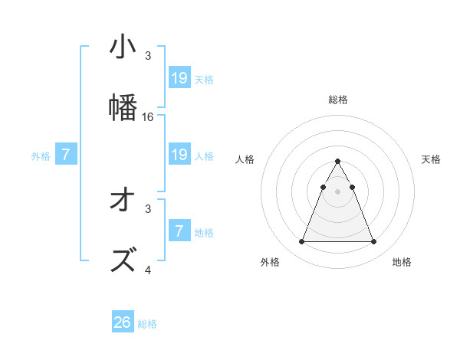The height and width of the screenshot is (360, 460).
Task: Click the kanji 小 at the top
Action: [x=123, y=47]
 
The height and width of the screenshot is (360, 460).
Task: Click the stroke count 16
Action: [x=149, y=117]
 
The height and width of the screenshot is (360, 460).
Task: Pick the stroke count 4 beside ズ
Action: [x=148, y=270]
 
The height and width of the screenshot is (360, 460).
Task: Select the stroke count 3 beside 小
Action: [x=148, y=56]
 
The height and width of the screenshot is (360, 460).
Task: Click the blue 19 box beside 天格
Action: [x=179, y=77]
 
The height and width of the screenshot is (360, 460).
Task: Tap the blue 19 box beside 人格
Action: [x=179, y=155]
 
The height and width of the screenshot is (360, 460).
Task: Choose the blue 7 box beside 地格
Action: [x=179, y=232]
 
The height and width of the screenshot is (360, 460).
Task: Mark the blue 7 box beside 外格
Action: [x=66, y=155]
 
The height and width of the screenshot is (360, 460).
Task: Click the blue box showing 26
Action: [x=123, y=322]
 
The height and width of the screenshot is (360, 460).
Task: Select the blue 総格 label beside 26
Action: [x=147, y=324]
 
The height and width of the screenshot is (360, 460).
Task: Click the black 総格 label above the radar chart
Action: [x=338, y=100]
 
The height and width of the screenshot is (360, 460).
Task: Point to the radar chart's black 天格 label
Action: [x=432, y=159]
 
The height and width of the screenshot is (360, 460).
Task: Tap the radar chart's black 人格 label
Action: [x=245, y=159]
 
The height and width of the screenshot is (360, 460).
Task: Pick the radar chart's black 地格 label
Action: [x=402, y=262]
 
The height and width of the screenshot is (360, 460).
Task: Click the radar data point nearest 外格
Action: [x=301, y=242]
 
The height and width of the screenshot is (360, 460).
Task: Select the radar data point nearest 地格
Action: [x=374, y=242]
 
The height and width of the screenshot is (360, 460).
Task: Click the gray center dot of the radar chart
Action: [x=338, y=191]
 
